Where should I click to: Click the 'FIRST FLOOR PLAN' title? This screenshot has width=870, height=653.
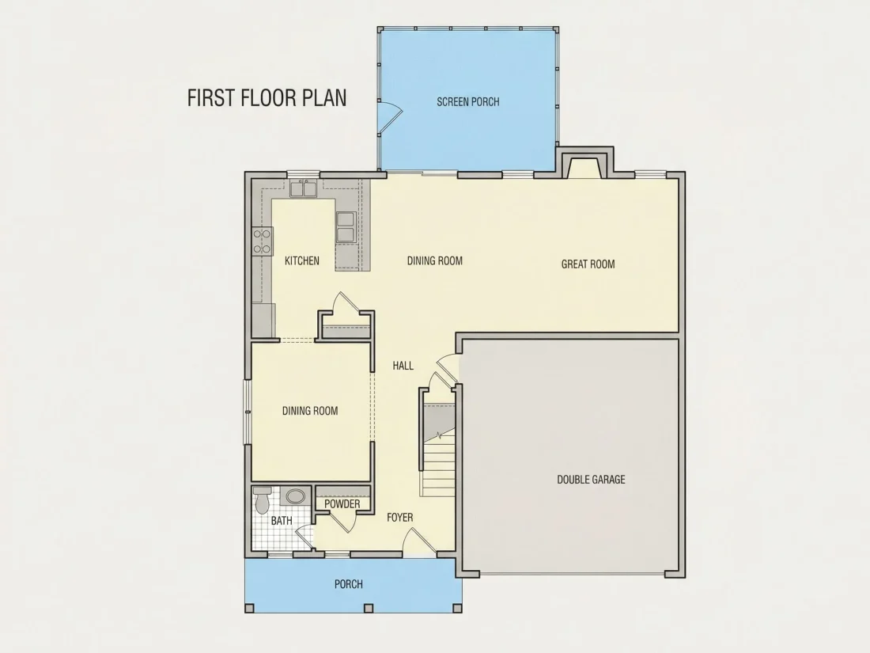click(267, 97)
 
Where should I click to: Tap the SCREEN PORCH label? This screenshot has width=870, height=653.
click(467, 101)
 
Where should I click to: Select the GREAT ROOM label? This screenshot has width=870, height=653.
click(588, 264)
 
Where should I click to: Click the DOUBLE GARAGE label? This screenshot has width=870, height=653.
click(591, 479)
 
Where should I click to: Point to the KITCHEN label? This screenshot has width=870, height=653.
click(302, 260)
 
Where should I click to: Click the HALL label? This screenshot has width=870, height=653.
click(403, 366)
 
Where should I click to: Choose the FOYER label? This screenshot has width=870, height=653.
click(399, 518)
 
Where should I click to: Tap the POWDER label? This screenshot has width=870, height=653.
click(342, 503)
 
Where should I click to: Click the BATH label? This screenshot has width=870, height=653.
click(282, 521)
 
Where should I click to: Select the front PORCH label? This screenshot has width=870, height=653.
click(349, 584)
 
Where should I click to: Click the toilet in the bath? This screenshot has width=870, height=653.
click(262, 499)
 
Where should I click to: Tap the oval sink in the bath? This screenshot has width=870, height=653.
click(295, 495)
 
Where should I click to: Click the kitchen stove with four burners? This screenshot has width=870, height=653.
click(262, 241)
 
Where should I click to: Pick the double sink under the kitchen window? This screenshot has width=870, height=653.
click(303, 189)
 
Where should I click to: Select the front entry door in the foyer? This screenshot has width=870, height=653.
click(419, 541)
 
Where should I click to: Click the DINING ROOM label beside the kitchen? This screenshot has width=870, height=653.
click(435, 260)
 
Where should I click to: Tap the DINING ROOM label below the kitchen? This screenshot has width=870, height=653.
click(310, 411)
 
